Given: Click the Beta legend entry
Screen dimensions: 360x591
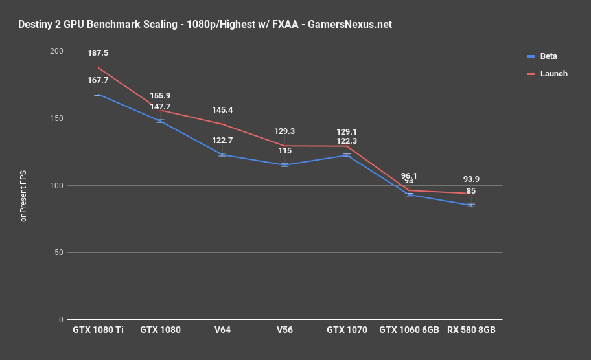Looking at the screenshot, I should pos(548,56).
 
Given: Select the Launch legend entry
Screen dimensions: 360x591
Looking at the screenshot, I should pos(553,74).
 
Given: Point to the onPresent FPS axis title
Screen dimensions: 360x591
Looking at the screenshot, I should pos(24,185).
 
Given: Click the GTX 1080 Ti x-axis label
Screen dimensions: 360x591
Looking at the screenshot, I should pos(98,330).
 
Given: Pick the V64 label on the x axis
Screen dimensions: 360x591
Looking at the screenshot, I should pos(222,330).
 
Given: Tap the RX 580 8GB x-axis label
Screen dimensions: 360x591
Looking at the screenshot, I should pos(471,330).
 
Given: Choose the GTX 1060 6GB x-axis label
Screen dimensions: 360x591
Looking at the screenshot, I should pos(409,330).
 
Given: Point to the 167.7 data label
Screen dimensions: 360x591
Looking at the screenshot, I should pos(98,81).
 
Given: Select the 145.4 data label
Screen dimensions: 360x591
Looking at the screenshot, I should pos(222,111).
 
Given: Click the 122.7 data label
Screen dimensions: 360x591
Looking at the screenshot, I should pos(222,141).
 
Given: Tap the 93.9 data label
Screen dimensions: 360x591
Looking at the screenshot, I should pos(471,179).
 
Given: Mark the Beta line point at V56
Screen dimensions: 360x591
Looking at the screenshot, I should pos(284,165).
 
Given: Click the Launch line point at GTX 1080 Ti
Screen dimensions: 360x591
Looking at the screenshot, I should pos(98,67).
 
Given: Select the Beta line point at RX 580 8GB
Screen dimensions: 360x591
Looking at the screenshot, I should pos(471,205).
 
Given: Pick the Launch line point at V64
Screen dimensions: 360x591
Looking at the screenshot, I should pos(222,124).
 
